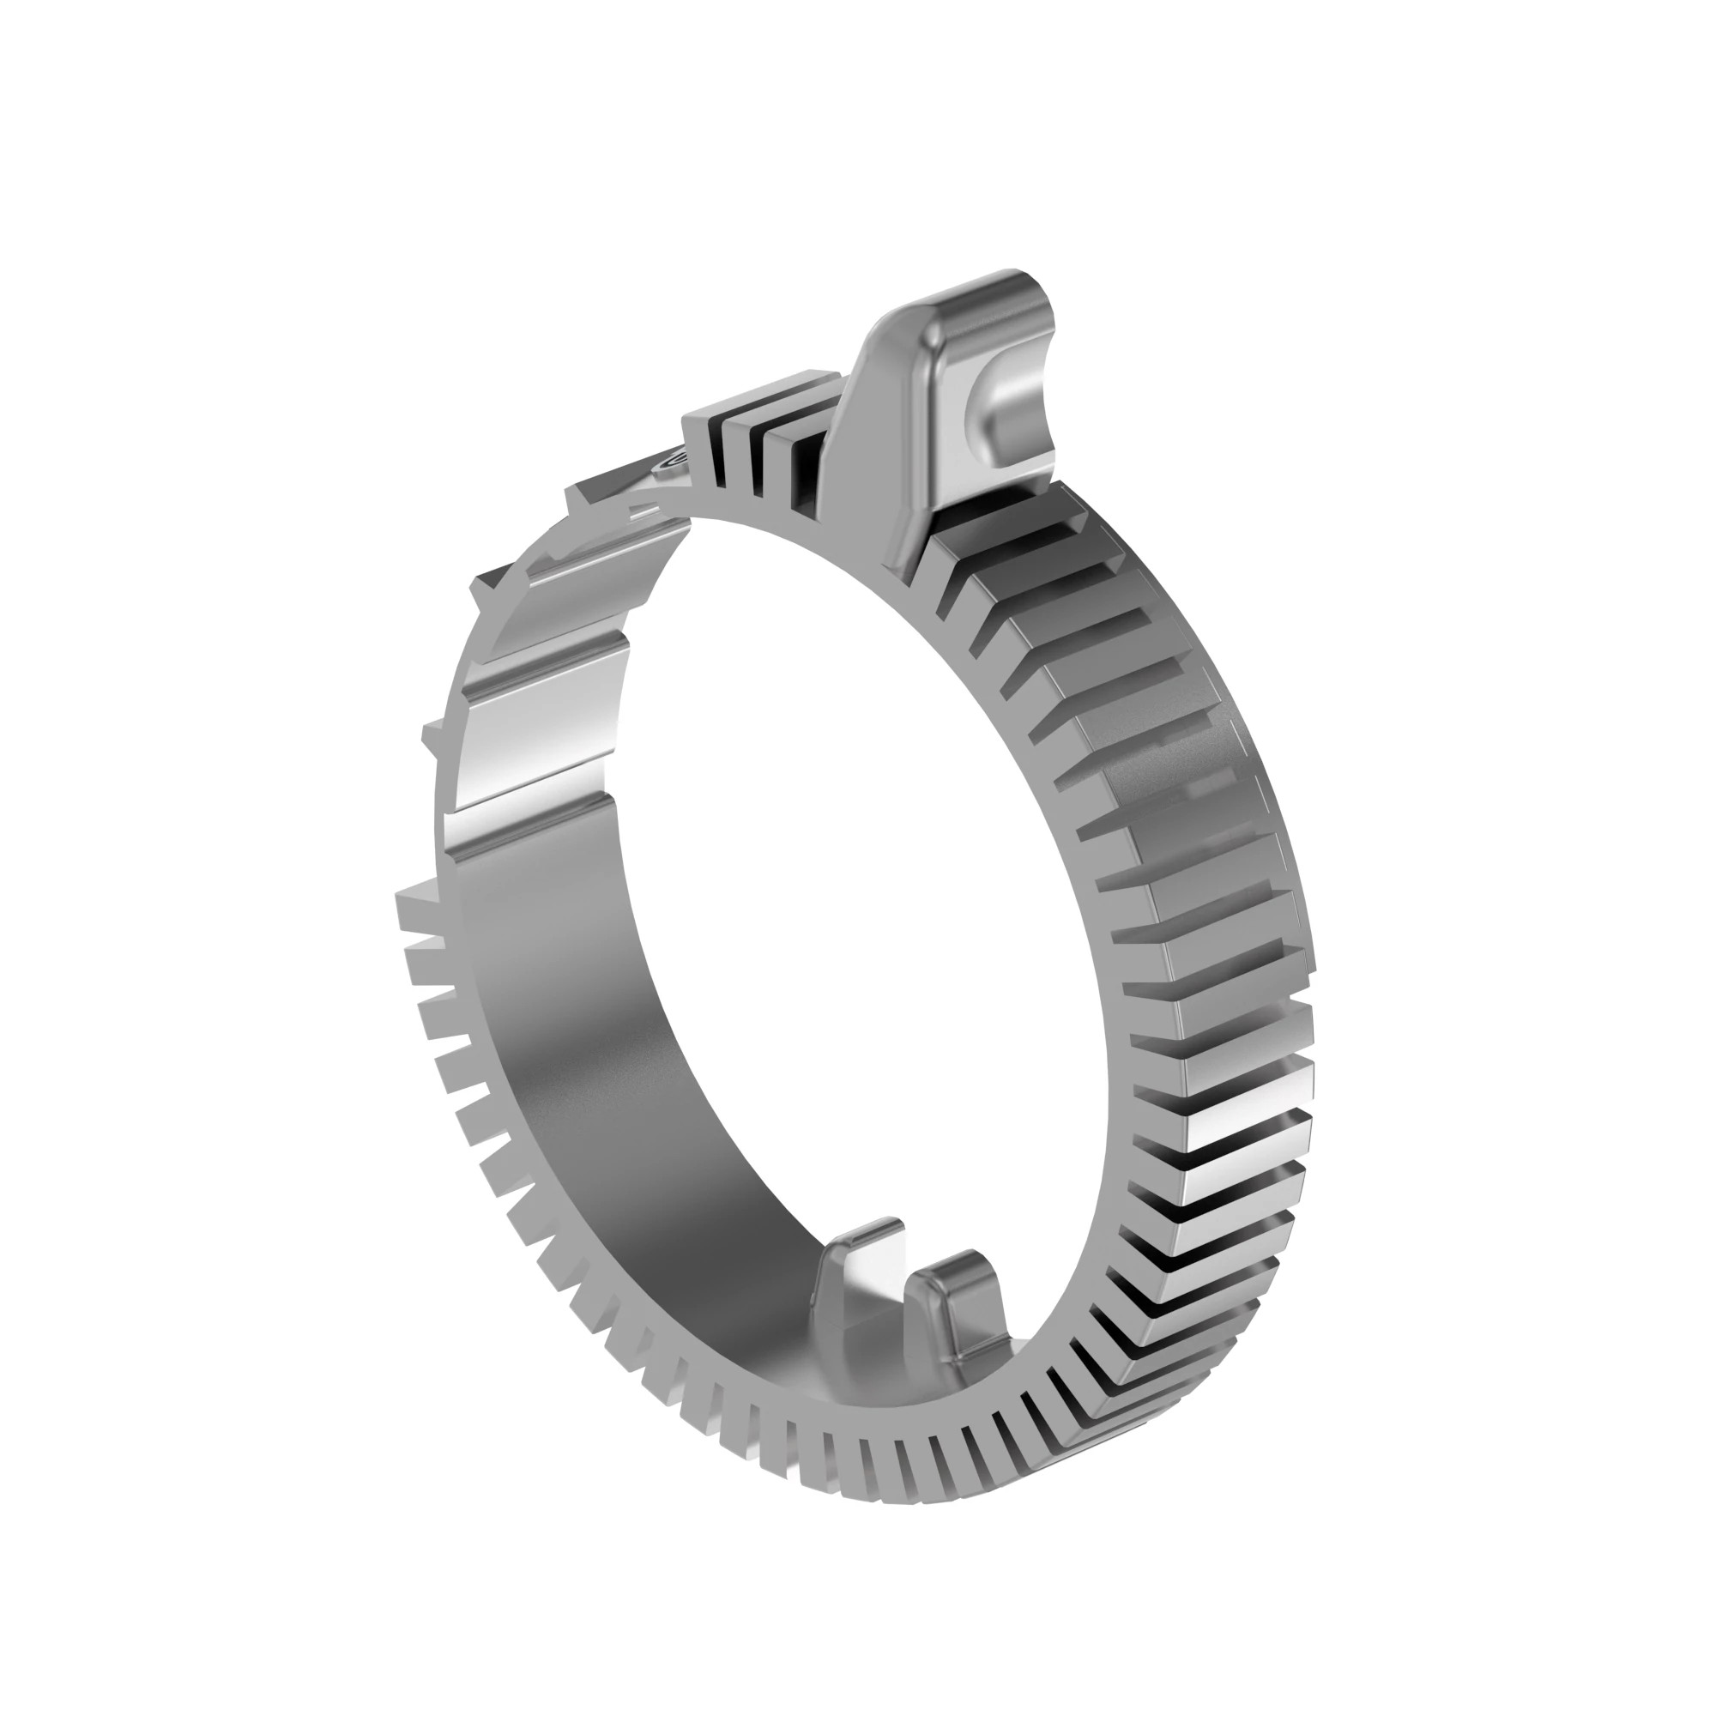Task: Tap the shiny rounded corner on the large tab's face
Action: [x=937, y=333]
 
